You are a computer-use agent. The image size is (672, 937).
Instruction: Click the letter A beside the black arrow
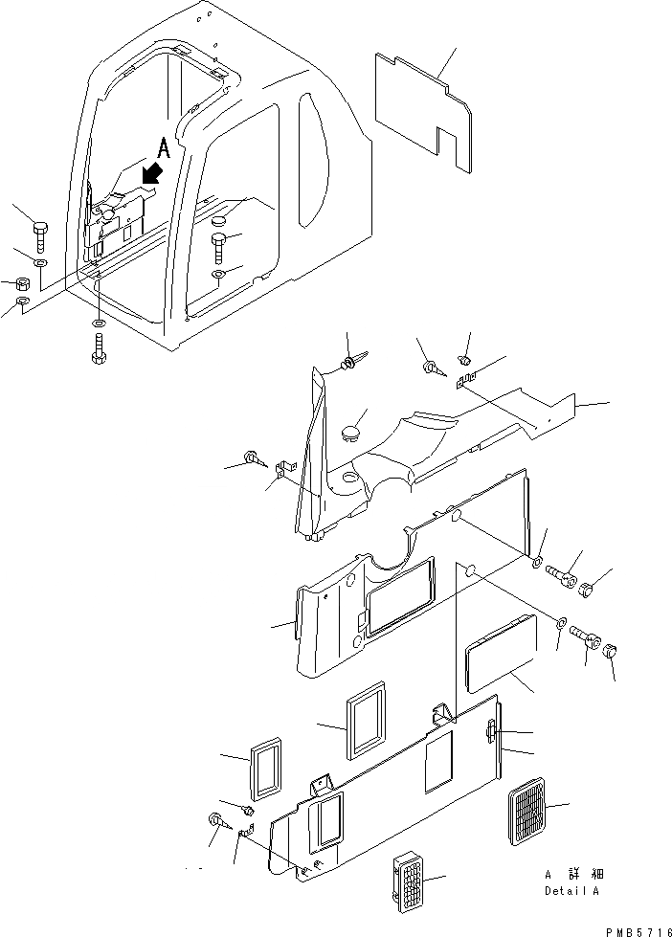point(164,148)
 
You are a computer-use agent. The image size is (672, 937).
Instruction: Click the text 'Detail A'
point(571,891)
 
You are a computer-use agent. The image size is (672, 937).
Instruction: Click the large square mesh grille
point(526,812)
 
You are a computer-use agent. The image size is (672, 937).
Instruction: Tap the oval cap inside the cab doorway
point(219,222)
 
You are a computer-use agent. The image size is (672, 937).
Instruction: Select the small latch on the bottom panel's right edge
point(491,732)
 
